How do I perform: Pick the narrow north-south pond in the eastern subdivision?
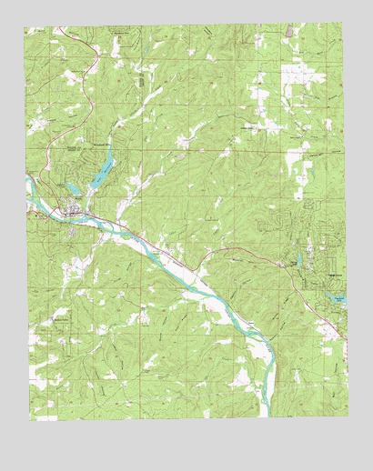[x=297, y=262]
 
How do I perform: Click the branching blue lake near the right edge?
[x=336, y=296]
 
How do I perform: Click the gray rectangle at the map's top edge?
[x=289, y=31]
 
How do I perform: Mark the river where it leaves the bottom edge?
[x=265, y=414]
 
